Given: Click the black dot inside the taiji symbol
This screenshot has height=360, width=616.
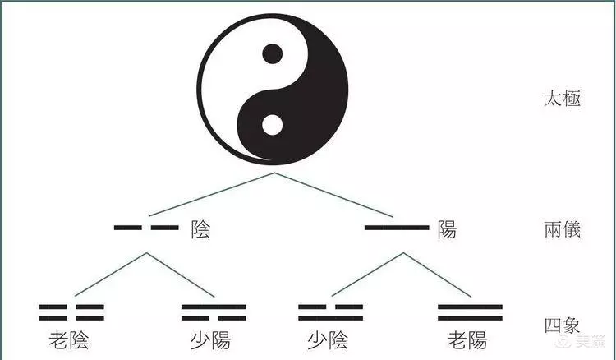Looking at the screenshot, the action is click(x=272, y=54).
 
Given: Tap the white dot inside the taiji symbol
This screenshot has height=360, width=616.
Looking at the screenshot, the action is click(x=272, y=125).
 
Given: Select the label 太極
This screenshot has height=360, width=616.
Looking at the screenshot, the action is click(x=562, y=99).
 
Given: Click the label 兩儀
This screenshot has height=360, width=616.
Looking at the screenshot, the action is click(x=562, y=229).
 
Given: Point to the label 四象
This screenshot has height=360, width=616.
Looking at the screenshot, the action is click(x=562, y=325).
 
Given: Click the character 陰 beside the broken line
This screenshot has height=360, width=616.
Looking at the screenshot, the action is click(x=200, y=229).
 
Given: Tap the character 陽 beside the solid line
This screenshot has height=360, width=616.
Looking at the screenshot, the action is click(x=447, y=229).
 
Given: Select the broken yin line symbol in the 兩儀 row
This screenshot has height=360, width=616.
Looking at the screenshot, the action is click(x=146, y=228).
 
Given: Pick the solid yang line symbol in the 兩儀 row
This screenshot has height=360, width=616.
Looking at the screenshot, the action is click(x=397, y=228).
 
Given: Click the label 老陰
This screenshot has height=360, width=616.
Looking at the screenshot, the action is click(x=69, y=340).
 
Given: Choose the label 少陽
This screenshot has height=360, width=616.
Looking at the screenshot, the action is click(x=211, y=340).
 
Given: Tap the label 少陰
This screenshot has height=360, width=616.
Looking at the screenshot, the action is click(x=328, y=340).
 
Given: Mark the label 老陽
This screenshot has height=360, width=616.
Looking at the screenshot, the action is click(x=467, y=340).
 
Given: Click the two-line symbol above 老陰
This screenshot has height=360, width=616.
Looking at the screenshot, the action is click(x=71, y=312).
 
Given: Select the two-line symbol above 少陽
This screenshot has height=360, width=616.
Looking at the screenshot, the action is click(x=214, y=312).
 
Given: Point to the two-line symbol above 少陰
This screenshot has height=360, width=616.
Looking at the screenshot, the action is click(x=330, y=312).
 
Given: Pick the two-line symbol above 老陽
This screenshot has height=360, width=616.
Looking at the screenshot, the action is click(x=471, y=312).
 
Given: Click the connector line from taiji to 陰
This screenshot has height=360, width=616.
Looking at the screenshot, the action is click(x=211, y=194).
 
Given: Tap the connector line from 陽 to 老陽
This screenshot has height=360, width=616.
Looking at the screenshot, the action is click(x=437, y=275).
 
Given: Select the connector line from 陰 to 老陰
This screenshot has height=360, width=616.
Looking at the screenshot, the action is click(x=111, y=275).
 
